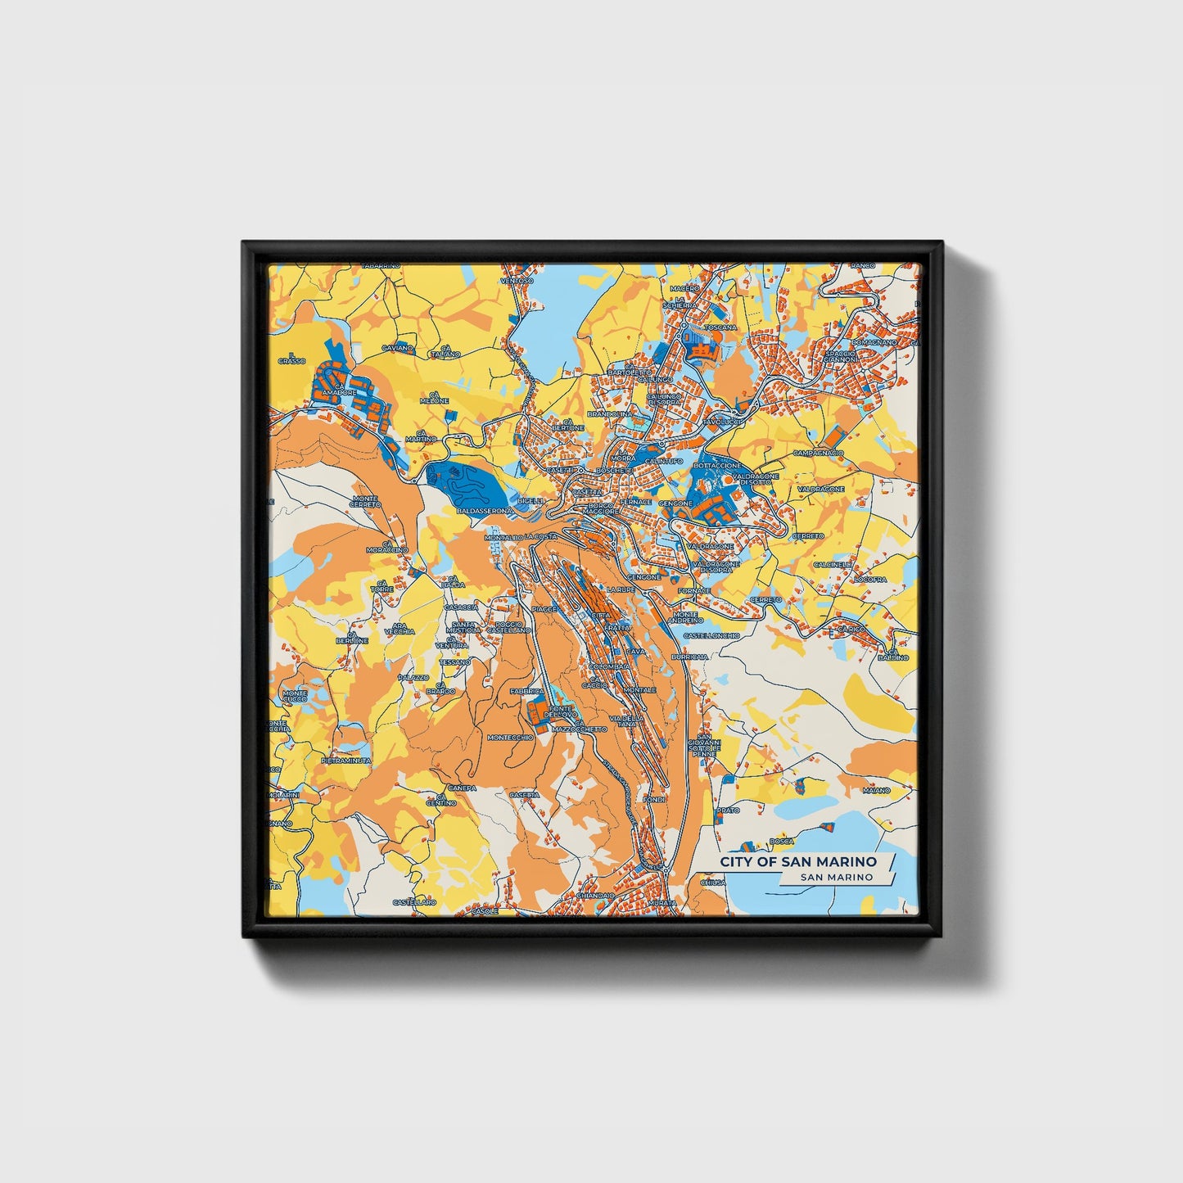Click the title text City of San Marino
797,862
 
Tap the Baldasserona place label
484,511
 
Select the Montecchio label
510,737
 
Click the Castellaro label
414,901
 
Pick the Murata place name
662,903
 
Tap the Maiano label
876,790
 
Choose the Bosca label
782,841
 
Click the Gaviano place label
397,348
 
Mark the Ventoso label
517,281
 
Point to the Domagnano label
874,342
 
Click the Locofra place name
869,579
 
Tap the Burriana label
689,657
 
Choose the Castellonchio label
711,635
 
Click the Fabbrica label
526,692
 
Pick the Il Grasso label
291,357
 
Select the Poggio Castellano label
508,626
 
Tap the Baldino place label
893,657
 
